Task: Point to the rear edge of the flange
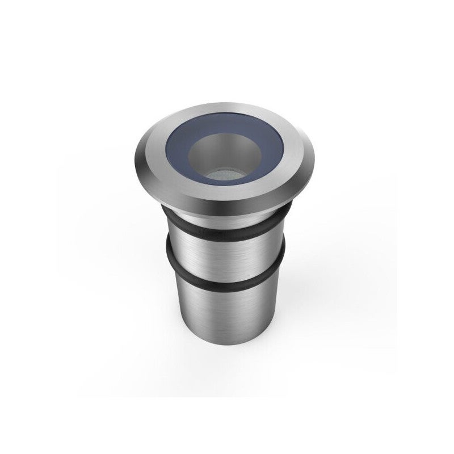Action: point(227,100)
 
